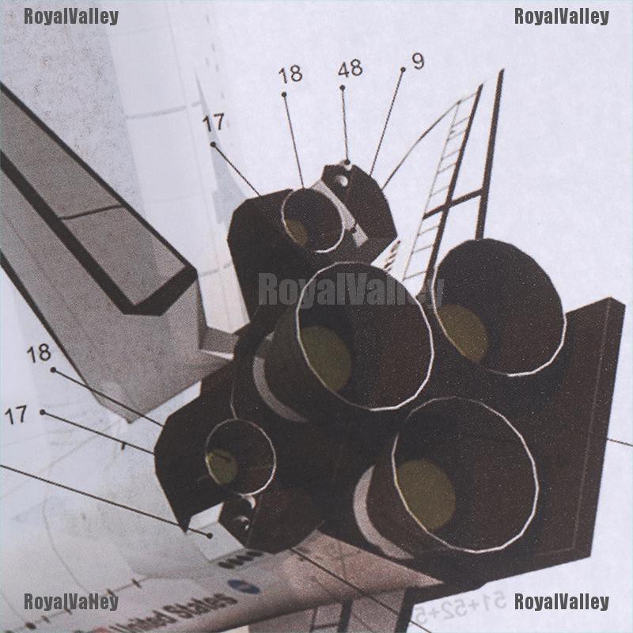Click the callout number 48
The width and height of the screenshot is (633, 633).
coord(350,69)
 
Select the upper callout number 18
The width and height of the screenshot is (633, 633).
coord(290,75)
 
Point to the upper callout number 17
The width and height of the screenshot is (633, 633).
coord(213,123)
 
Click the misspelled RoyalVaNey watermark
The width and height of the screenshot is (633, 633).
coord(71,602)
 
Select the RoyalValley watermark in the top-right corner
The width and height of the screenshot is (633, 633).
coord(562,16)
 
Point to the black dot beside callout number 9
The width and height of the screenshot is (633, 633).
coord(402,70)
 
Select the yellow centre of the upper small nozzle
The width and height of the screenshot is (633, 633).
coord(297,230)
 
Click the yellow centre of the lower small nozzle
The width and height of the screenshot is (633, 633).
coord(222,467)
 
